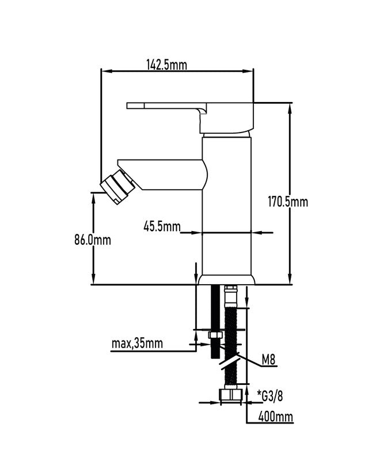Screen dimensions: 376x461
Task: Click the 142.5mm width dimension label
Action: [167, 65]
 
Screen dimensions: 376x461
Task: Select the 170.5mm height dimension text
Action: [288, 202]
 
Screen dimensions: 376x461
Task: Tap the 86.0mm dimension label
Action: [93, 240]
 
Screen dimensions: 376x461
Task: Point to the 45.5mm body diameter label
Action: [162, 226]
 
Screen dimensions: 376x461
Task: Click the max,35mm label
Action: [137, 343]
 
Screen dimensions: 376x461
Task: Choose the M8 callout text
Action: [269, 359]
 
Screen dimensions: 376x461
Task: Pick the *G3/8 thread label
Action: [270, 396]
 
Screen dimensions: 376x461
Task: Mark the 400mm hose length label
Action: [276, 416]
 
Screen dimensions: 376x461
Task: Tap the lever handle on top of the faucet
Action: [191, 117]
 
